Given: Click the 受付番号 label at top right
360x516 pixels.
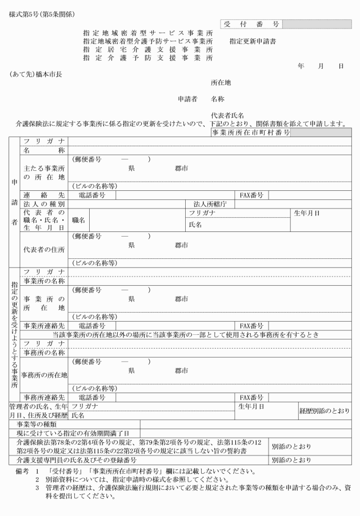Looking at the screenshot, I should pyautogui.click(x=250, y=24).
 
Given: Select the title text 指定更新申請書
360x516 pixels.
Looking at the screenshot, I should pyautogui.click(x=253, y=42).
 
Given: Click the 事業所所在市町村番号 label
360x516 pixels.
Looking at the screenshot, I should pyautogui.click(x=251, y=132).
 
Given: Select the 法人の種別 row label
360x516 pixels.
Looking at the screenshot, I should pyautogui.click(x=43, y=203).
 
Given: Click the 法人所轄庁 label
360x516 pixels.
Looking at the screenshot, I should pyautogui.click(x=210, y=203).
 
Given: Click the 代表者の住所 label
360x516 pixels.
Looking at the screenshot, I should pyautogui.click(x=43, y=249).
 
